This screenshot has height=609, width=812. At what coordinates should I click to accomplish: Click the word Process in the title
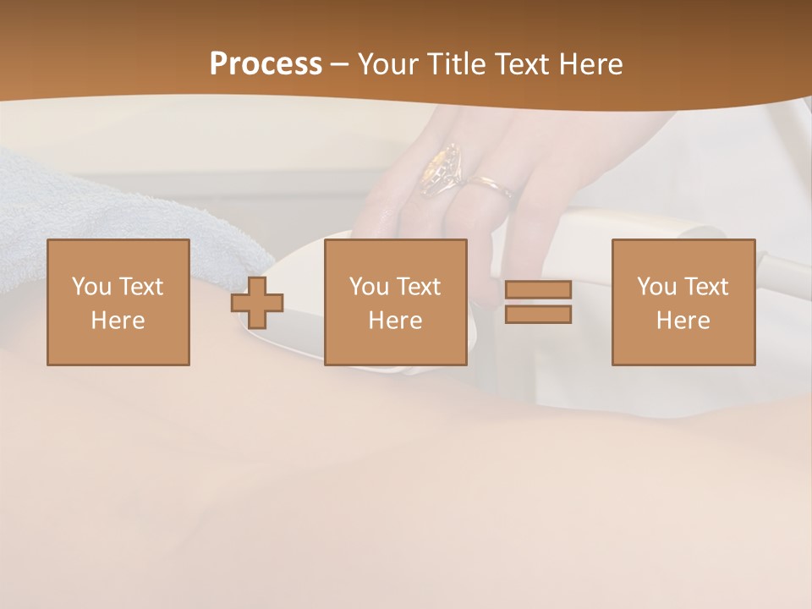click(266, 64)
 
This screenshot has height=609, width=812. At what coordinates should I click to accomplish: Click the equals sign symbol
click(538, 302)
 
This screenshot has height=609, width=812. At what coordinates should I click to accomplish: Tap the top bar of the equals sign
click(538, 289)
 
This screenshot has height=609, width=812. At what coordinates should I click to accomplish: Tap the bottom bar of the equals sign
click(538, 315)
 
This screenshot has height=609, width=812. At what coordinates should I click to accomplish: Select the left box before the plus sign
click(118, 302)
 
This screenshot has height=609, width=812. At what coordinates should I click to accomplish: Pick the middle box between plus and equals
click(396, 302)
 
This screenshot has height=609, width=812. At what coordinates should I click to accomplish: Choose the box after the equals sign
click(683, 302)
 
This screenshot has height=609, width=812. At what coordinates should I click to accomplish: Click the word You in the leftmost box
click(91, 287)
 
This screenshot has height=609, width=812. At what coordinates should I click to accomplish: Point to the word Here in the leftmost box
click(118, 321)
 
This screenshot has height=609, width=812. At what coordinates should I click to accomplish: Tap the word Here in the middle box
click(396, 321)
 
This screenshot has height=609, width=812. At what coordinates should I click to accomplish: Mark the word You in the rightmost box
click(656, 287)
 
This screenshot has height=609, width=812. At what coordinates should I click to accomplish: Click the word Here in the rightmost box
click(683, 321)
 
